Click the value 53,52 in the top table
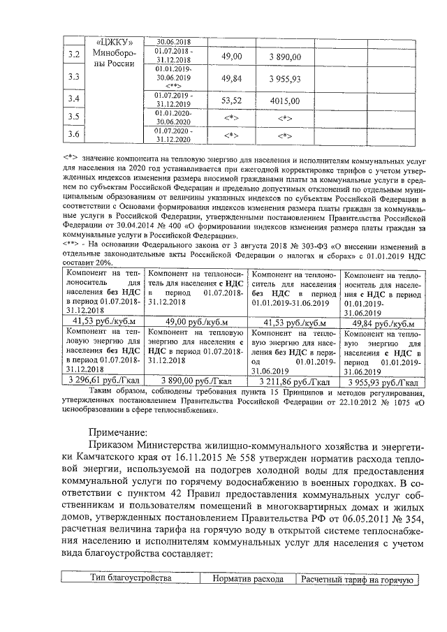[231, 100]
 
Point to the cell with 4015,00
[285, 100]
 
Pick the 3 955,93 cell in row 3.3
[285, 78]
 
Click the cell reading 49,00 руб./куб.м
[197, 322]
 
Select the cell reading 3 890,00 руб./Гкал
[197, 382]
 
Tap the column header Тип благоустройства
[131, 579]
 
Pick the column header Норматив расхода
[249, 579]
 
